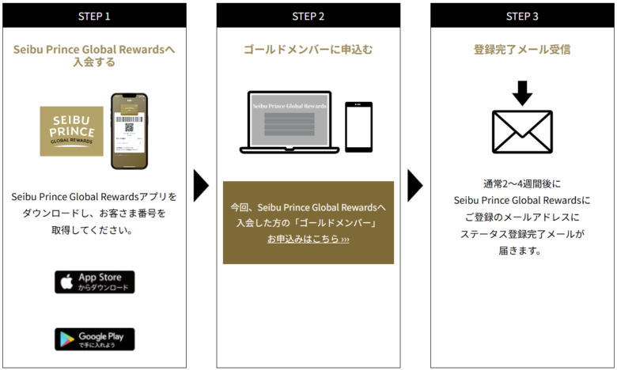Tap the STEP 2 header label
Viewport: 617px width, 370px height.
(x=308, y=16)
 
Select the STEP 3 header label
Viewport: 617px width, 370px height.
(x=521, y=16)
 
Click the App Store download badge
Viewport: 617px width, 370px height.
(x=95, y=282)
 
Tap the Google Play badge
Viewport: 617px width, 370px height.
(x=95, y=339)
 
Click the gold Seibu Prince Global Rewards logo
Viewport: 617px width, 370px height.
(x=72, y=130)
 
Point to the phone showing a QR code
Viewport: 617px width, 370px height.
(x=129, y=131)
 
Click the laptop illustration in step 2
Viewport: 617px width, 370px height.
(x=289, y=123)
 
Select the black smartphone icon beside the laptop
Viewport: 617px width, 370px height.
(x=358, y=127)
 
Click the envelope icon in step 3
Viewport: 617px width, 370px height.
(x=521, y=131)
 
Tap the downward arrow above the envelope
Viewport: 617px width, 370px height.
(x=521, y=92)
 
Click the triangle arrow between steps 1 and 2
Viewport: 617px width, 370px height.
(x=201, y=185)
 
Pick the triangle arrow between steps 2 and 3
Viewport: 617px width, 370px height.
(x=414, y=185)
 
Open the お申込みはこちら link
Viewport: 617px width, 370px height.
(x=308, y=239)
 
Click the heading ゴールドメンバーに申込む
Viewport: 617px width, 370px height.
(x=308, y=50)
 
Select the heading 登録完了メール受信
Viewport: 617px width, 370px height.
(x=521, y=50)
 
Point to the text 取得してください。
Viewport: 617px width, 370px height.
(x=94, y=231)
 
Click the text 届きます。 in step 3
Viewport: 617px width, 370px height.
(x=521, y=251)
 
